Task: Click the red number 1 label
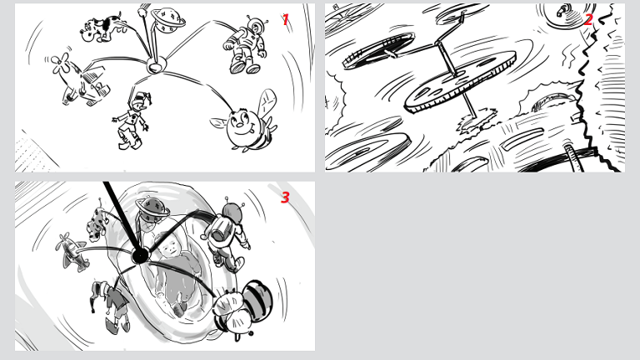(x=285, y=19)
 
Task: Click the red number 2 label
(x=588, y=19)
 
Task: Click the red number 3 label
(x=285, y=197)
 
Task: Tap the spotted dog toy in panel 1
(x=101, y=27)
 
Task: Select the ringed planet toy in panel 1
(x=167, y=19)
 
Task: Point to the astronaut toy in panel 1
(x=246, y=45)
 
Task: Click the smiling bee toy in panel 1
(x=246, y=122)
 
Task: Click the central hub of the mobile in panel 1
(x=156, y=65)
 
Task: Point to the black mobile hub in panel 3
(x=140, y=257)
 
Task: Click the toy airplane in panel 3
(x=72, y=251)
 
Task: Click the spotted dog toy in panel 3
(x=97, y=223)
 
